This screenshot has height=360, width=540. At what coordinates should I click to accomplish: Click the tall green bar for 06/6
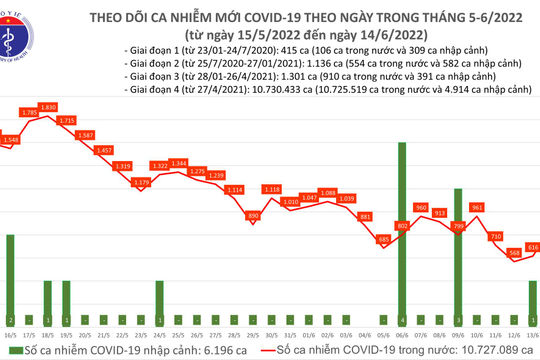tap(402, 230)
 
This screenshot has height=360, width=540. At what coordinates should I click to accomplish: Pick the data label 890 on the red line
tap(253, 215)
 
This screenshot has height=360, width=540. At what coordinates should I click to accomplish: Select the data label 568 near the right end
tap(514, 253)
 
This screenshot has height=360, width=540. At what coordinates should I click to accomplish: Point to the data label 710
tap(495, 236)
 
